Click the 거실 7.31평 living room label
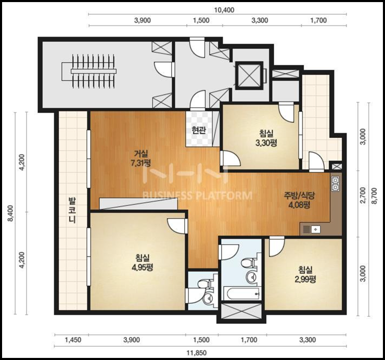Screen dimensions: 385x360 tap(141, 158)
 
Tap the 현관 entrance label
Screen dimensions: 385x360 tap(198, 130)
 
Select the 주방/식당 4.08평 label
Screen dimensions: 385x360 tap(299, 200)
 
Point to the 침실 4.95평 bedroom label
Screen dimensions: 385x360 tap(142, 262)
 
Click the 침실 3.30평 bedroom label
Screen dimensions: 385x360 tap(266, 138)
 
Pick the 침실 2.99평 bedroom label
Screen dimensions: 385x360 tap(305, 275)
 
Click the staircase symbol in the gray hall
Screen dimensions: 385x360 tap(88, 71)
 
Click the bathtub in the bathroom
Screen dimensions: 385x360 tap(242, 293)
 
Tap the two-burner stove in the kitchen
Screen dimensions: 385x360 tap(335, 184)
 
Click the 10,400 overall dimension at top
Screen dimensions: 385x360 tap(224, 10)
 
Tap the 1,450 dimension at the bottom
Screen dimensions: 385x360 tap(73, 340)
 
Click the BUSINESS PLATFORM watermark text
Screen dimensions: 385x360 tap(197, 196)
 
